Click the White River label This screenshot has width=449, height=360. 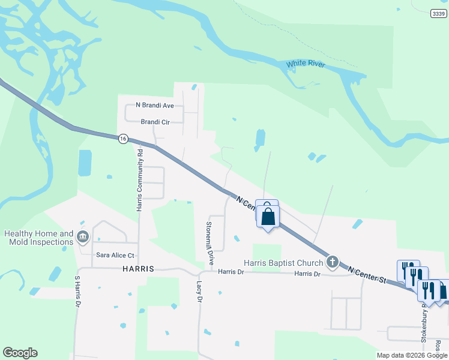[x=306, y=64]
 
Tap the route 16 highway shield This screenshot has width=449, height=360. [x=123, y=139]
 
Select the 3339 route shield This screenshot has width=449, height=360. [x=439, y=13]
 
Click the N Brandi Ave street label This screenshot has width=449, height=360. [x=154, y=105]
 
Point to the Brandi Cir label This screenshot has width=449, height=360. [x=155, y=122]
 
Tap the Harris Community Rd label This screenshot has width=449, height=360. [x=139, y=179]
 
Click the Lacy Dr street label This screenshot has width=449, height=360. [x=199, y=290]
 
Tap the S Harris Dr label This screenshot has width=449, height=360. [x=77, y=290]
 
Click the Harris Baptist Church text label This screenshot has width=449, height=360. [x=283, y=263]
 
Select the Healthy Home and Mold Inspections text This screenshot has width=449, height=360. [x=39, y=238]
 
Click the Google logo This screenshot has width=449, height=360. [x=20, y=353]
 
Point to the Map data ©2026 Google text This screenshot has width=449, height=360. [x=411, y=355]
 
